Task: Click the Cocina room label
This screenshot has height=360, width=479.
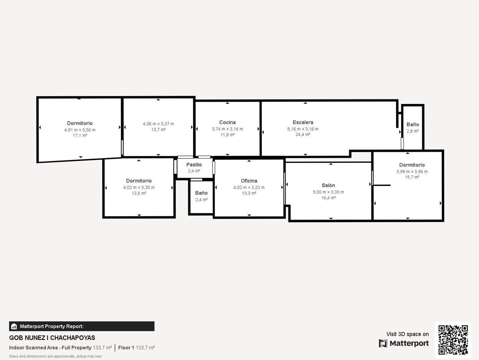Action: pos(227,122)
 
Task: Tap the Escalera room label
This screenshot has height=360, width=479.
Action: pos(303,122)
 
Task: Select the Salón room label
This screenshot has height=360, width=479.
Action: pos(328,185)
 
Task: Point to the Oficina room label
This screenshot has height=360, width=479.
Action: pos(249,181)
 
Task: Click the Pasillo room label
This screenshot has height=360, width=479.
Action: pos(194,165)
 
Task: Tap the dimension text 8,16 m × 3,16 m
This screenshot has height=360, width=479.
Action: pos(303,129)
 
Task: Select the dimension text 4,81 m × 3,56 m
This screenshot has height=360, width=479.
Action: pos(80,130)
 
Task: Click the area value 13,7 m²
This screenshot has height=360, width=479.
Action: pos(158,130)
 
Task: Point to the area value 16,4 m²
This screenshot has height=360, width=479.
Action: pos(328,198)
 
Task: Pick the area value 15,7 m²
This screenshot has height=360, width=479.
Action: pos(412,177)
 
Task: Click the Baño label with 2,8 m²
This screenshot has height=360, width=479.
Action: pos(413,124)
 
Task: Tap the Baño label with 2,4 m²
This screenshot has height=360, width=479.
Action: pos(201,193)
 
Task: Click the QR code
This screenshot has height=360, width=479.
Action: pos(453,340)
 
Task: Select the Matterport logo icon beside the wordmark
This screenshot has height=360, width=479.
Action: pos(383,343)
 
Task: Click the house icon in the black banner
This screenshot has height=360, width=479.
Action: pos(14,326)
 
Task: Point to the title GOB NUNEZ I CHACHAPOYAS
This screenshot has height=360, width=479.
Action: pos(52,338)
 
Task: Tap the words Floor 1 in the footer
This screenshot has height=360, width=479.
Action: pos(126,348)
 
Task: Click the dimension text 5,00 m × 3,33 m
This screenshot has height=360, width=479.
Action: pos(328,192)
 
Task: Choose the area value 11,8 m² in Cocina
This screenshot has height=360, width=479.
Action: pos(227,135)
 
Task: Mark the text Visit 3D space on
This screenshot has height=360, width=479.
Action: pos(407,334)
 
